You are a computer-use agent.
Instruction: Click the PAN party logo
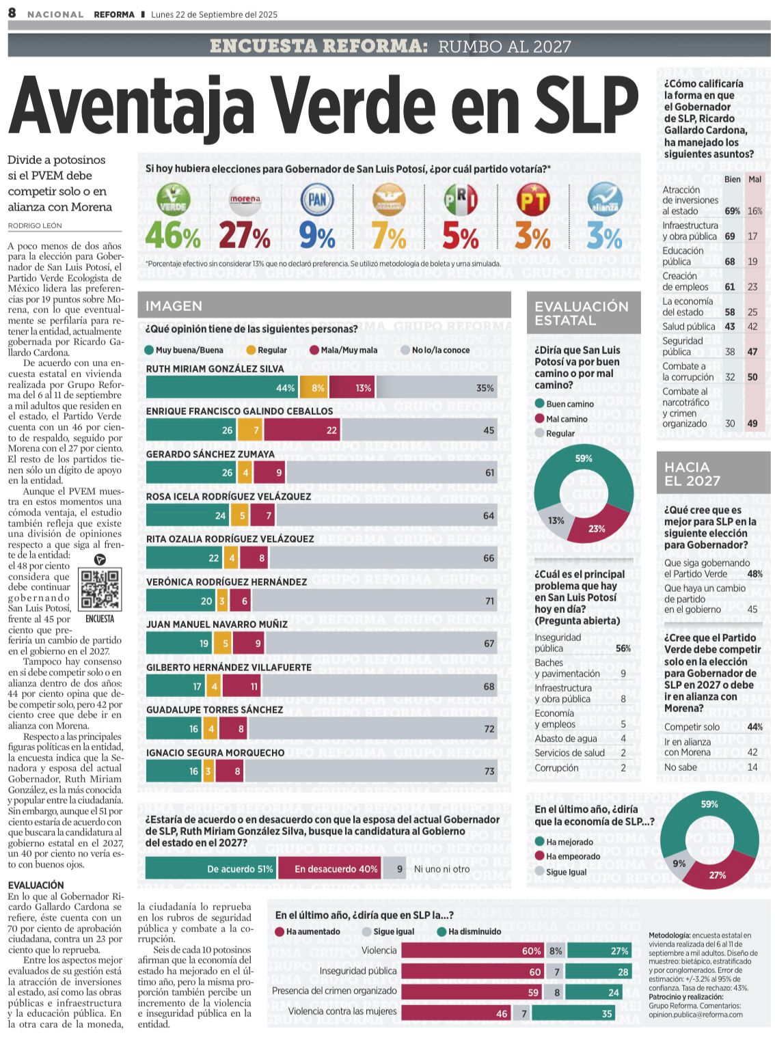(x=318, y=200)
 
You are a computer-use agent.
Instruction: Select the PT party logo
(x=532, y=200)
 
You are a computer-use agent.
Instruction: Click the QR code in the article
(x=100, y=589)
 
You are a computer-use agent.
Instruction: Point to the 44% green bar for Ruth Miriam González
(x=222, y=387)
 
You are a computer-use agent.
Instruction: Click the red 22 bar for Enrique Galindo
(x=302, y=430)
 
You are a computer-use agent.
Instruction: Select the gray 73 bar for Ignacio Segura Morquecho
(x=370, y=771)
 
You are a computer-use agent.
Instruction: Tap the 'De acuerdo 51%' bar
(x=210, y=868)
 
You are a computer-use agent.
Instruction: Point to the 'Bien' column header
(x=732, y=179)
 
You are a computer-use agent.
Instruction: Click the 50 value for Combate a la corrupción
(x=752, y=377)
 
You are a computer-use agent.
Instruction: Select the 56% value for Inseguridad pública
(x=623, y=648)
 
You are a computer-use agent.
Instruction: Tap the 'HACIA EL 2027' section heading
(x=692, y=474)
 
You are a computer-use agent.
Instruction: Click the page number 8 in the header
(x=12, y=14)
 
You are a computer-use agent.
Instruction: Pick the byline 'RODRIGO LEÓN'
(x=35, y=225)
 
